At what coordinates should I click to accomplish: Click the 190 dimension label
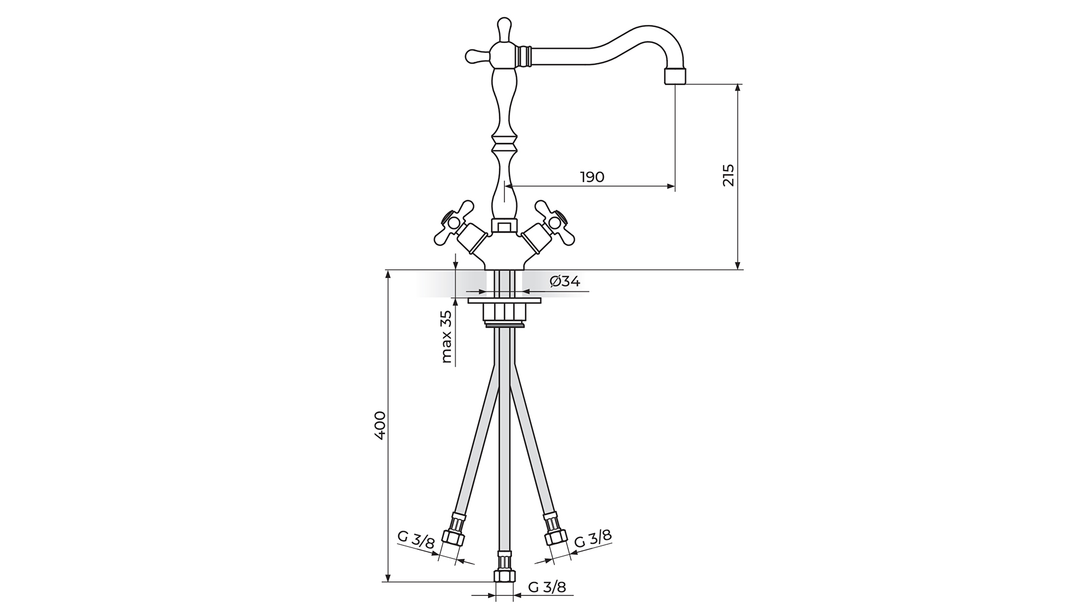click(592, 177)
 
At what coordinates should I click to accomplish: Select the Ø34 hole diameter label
click(564, 281)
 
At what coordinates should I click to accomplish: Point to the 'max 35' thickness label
click(447, 337)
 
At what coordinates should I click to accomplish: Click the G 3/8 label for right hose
click(593, 539)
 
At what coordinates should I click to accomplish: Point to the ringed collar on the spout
click(524, 56)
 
